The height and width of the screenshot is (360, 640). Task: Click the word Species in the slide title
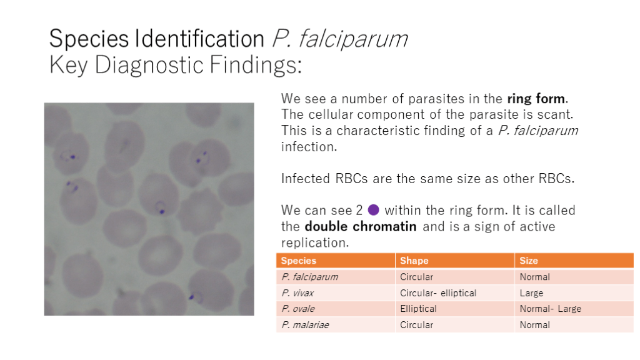pos(89,39)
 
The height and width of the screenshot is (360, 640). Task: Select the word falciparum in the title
pos(352,39)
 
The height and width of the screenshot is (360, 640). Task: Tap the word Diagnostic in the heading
pos(149,65)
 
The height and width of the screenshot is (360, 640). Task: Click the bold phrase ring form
pos(536,99)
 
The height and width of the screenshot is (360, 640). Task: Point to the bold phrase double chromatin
pos(361,226)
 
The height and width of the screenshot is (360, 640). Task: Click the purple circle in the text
pos(374,210)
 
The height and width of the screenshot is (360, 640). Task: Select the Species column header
pos(298,261)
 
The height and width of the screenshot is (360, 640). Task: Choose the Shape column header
pos(414,261)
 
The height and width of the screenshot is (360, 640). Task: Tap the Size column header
pos(529,261)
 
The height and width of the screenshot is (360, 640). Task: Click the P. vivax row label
pos(297,293)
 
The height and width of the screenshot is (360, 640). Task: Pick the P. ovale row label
pos(298,309)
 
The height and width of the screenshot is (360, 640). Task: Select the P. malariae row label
pos(305,325)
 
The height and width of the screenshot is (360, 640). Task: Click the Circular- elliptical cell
pos(438,293)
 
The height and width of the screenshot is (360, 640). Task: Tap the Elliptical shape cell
pos(418,309)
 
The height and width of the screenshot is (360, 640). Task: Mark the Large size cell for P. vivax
pos(531,293)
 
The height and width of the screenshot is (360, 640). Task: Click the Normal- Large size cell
pos(550,309)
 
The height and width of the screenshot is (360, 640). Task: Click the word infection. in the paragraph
pos(309,147)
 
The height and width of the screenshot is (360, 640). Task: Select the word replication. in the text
pos(315,243)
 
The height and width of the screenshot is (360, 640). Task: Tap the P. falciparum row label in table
pos(309,277)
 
